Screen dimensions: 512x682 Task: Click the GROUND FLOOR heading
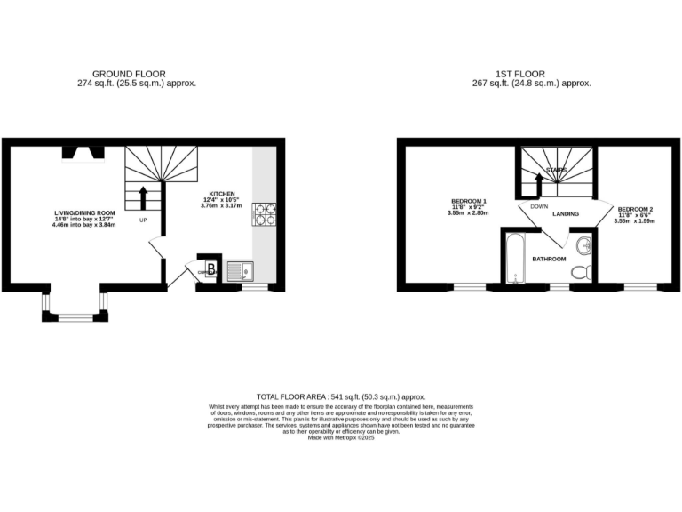(130, 74)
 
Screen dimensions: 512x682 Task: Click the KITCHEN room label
(222, 194)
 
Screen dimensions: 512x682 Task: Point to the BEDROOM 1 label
(468, 202)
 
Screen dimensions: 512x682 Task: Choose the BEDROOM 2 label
(635, 208)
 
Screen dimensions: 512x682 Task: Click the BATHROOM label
(549, 259)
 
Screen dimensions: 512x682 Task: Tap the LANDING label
(566, 214)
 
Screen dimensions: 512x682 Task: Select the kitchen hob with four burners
(266, 213)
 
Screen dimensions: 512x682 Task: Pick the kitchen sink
(239, 271)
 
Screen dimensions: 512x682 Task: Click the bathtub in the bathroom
(514, 258)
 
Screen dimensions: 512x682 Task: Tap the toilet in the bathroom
(582, 272)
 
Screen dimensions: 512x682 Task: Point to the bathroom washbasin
(583, 244)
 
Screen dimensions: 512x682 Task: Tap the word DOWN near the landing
(538, 206)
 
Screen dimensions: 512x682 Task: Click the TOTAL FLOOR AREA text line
(341, 396)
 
